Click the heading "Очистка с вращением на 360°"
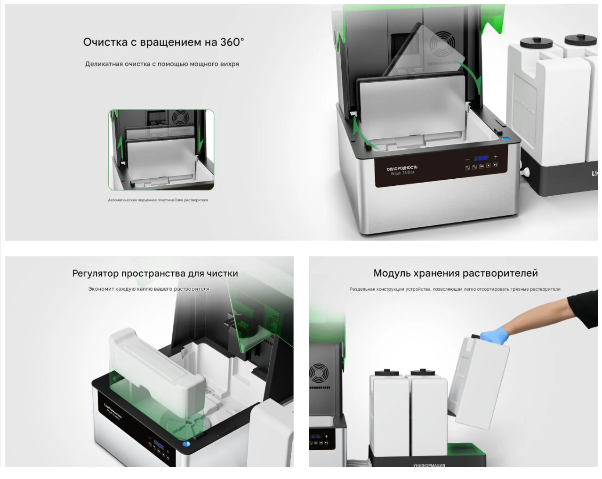163,42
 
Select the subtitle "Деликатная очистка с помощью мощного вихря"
162,64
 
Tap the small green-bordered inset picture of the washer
161,150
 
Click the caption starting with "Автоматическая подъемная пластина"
158,200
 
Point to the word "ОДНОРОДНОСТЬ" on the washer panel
402,168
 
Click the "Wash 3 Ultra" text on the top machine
402,173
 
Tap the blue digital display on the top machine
481,158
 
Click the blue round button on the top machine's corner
506,138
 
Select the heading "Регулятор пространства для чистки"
155,273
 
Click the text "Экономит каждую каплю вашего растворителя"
149,289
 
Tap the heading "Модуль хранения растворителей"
455,273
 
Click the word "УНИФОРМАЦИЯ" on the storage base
429,465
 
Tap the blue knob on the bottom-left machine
186,444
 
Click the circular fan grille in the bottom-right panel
319,373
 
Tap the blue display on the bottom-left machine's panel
159,446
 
